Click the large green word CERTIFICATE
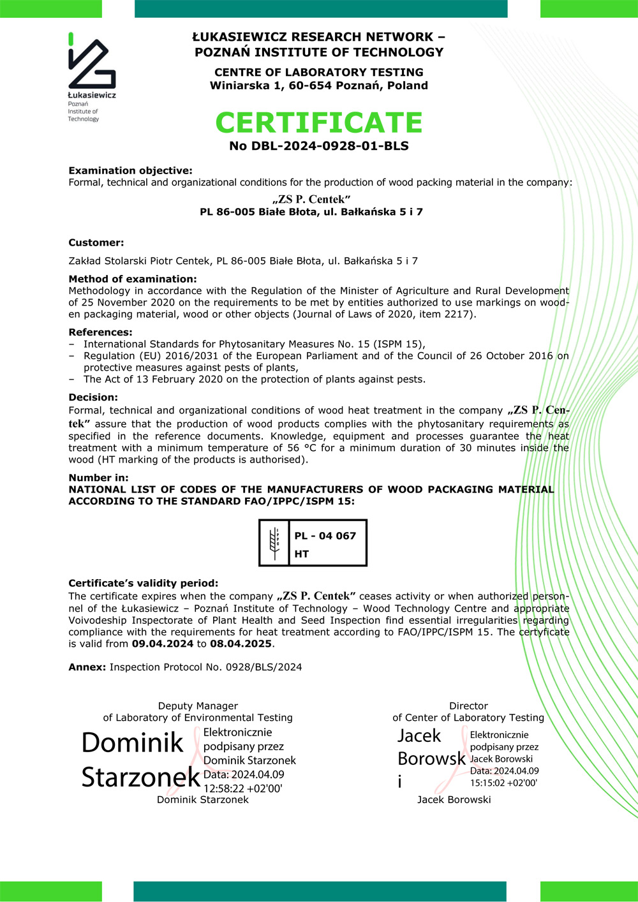click(x=319, y=122)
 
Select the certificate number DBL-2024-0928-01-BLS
click(x=330, y=146)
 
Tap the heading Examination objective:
click(x=130, y=170)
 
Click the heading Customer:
click(x=96, y=242)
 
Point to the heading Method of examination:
click(x=133, y=279)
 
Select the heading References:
click(x=100, y=332)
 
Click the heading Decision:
click(x=93, y=397)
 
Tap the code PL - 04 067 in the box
click(x=325, y=536)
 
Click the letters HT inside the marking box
click(x=302, y=554)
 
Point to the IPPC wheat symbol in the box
click(x=275, y=543)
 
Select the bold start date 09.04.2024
click(x=163, y=644)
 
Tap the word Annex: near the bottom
click(x=87, y=667)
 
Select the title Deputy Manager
click(x=198, y=706)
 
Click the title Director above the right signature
click(x=468, y=706)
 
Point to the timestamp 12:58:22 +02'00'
click(x=243, y=788)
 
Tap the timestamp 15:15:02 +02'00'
click(x=503, y=783)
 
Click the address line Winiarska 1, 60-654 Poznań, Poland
click(x=319, y=85)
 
